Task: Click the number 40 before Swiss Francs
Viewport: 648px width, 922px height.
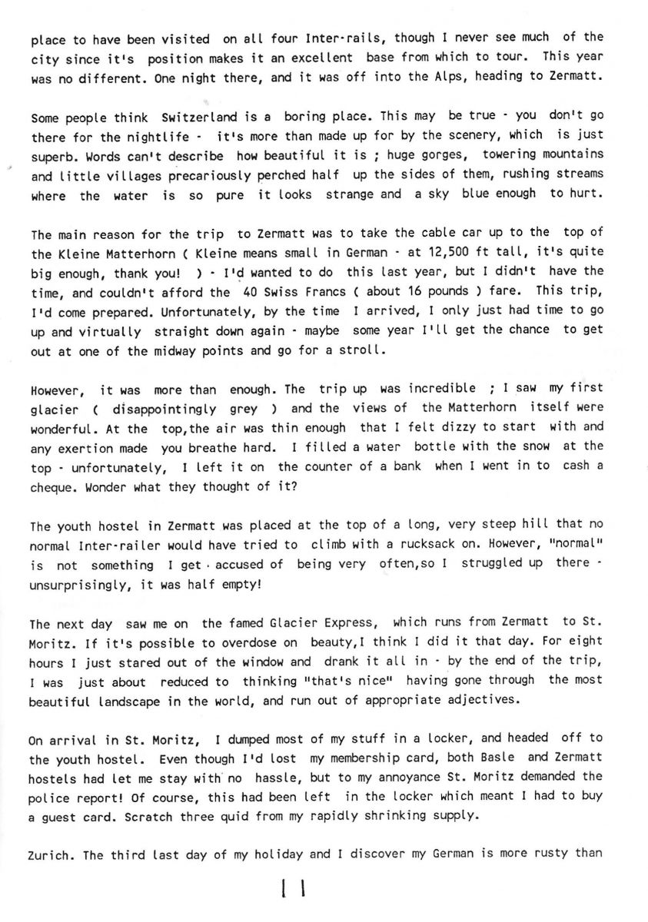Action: (x=246, y=292)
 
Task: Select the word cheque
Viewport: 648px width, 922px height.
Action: (x=52, y=487)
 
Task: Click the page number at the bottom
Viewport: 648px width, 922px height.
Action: (x=294, y=890)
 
